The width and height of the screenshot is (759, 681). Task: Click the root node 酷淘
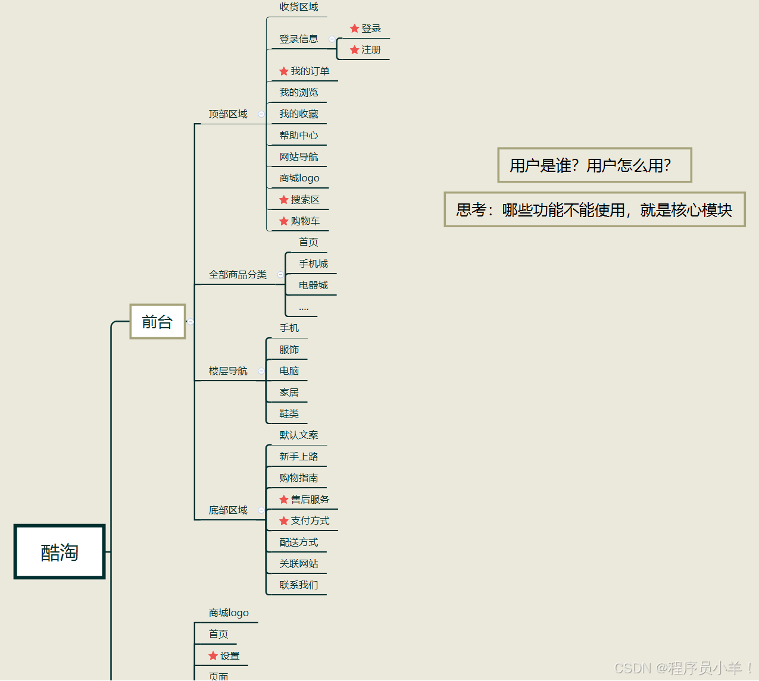(60, 552)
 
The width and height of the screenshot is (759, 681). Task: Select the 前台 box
(157, 322)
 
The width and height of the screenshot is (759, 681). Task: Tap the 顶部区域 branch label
(228, 114)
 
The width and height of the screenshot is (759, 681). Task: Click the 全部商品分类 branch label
(238, 275)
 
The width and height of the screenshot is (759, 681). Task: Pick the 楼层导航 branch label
(228, 371)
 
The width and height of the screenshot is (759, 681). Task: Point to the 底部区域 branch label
(228, 510)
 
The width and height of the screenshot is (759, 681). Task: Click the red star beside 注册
(355, 50)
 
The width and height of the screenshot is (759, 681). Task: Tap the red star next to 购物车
(284, 221)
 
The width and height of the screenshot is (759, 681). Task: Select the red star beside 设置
(213, 655)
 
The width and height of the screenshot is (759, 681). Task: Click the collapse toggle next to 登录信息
(332, 39)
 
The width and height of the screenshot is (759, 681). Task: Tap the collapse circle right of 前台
(190, 322)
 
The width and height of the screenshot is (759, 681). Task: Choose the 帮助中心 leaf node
(299, 136)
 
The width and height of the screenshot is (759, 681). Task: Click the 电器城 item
(313, 285)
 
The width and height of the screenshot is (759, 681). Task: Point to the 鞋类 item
(289, 414)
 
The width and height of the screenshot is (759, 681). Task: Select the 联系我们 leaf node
(299, 585)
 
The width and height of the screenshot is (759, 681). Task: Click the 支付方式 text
(310, 521)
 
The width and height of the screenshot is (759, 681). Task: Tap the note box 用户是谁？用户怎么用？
(594, 165)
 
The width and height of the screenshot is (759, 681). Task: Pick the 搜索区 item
(305, 200)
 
